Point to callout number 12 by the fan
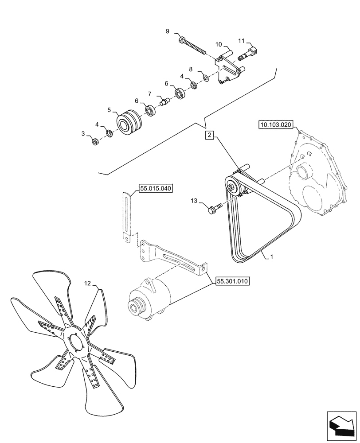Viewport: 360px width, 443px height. (87, 282)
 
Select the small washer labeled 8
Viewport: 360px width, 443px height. (206, 78)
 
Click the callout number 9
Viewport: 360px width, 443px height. (168, 31)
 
